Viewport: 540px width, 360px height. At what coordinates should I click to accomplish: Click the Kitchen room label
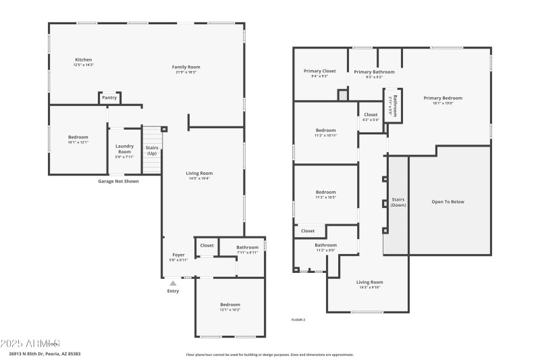(83, 59)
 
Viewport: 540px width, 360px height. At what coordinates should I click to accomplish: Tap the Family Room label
(186, 67)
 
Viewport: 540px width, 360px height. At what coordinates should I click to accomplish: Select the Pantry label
(109, 98)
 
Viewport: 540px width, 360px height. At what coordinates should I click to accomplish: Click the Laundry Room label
(124, 149)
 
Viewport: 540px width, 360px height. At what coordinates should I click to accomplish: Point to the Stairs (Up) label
(152, 149)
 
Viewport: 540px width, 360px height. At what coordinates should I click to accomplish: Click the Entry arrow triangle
(173, 284)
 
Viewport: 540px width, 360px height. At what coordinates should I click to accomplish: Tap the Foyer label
(178, 255)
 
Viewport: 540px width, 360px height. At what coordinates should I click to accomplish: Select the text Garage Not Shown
(119, 181)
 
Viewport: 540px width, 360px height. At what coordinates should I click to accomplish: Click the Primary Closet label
(319, 71)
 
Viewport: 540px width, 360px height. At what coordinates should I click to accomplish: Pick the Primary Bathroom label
(374, 72)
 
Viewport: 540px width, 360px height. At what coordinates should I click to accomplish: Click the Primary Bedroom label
(443, 98)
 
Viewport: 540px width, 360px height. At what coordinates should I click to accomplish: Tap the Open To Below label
(448, 202)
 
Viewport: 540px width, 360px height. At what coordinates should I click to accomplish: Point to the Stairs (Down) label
(398, 202)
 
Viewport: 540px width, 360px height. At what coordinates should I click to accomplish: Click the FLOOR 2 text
(298, 319)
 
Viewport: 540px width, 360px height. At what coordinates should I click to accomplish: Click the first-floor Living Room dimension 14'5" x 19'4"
(199, 178)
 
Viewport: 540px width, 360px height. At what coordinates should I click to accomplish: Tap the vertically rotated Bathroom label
(396, 106)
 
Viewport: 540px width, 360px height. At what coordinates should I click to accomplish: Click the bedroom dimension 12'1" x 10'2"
(230, 310)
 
